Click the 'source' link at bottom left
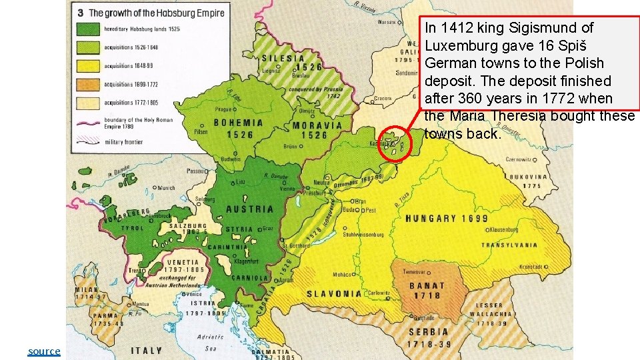click(44, 351)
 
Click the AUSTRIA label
click(250, 209)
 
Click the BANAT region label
click(426, 286)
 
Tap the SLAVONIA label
click(334, 293)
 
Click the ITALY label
click(146, 350)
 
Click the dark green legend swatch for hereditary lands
click(91, 29)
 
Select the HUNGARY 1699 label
click(441, 219)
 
